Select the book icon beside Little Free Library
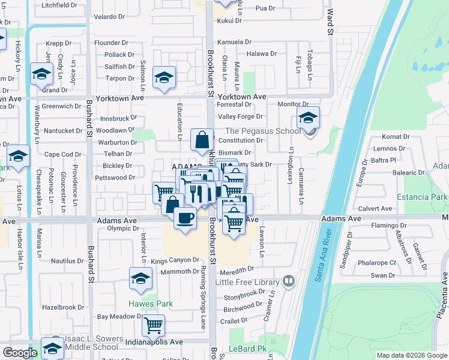pyautogui.click(x=289, y=281)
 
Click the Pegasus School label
pyautogui.click(x=263, y=131)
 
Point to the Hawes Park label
pyautogui.click(x=150, y=304)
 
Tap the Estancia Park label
pyautogui.click(x=422, y=197)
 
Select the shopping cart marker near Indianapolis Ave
pyautogui.click(x=153, y=326)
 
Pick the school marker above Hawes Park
pyautogui.click(x=140, y=278)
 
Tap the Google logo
pyautogui.click(x=20, y=353)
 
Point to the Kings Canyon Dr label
pyautogui.click(x=175, y=260)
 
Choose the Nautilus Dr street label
pyautogui.click(x=67, y=261)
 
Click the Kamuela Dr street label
pyautogui.click(x=234, y=42)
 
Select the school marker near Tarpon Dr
pyautogui.click(x=164, y=77)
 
